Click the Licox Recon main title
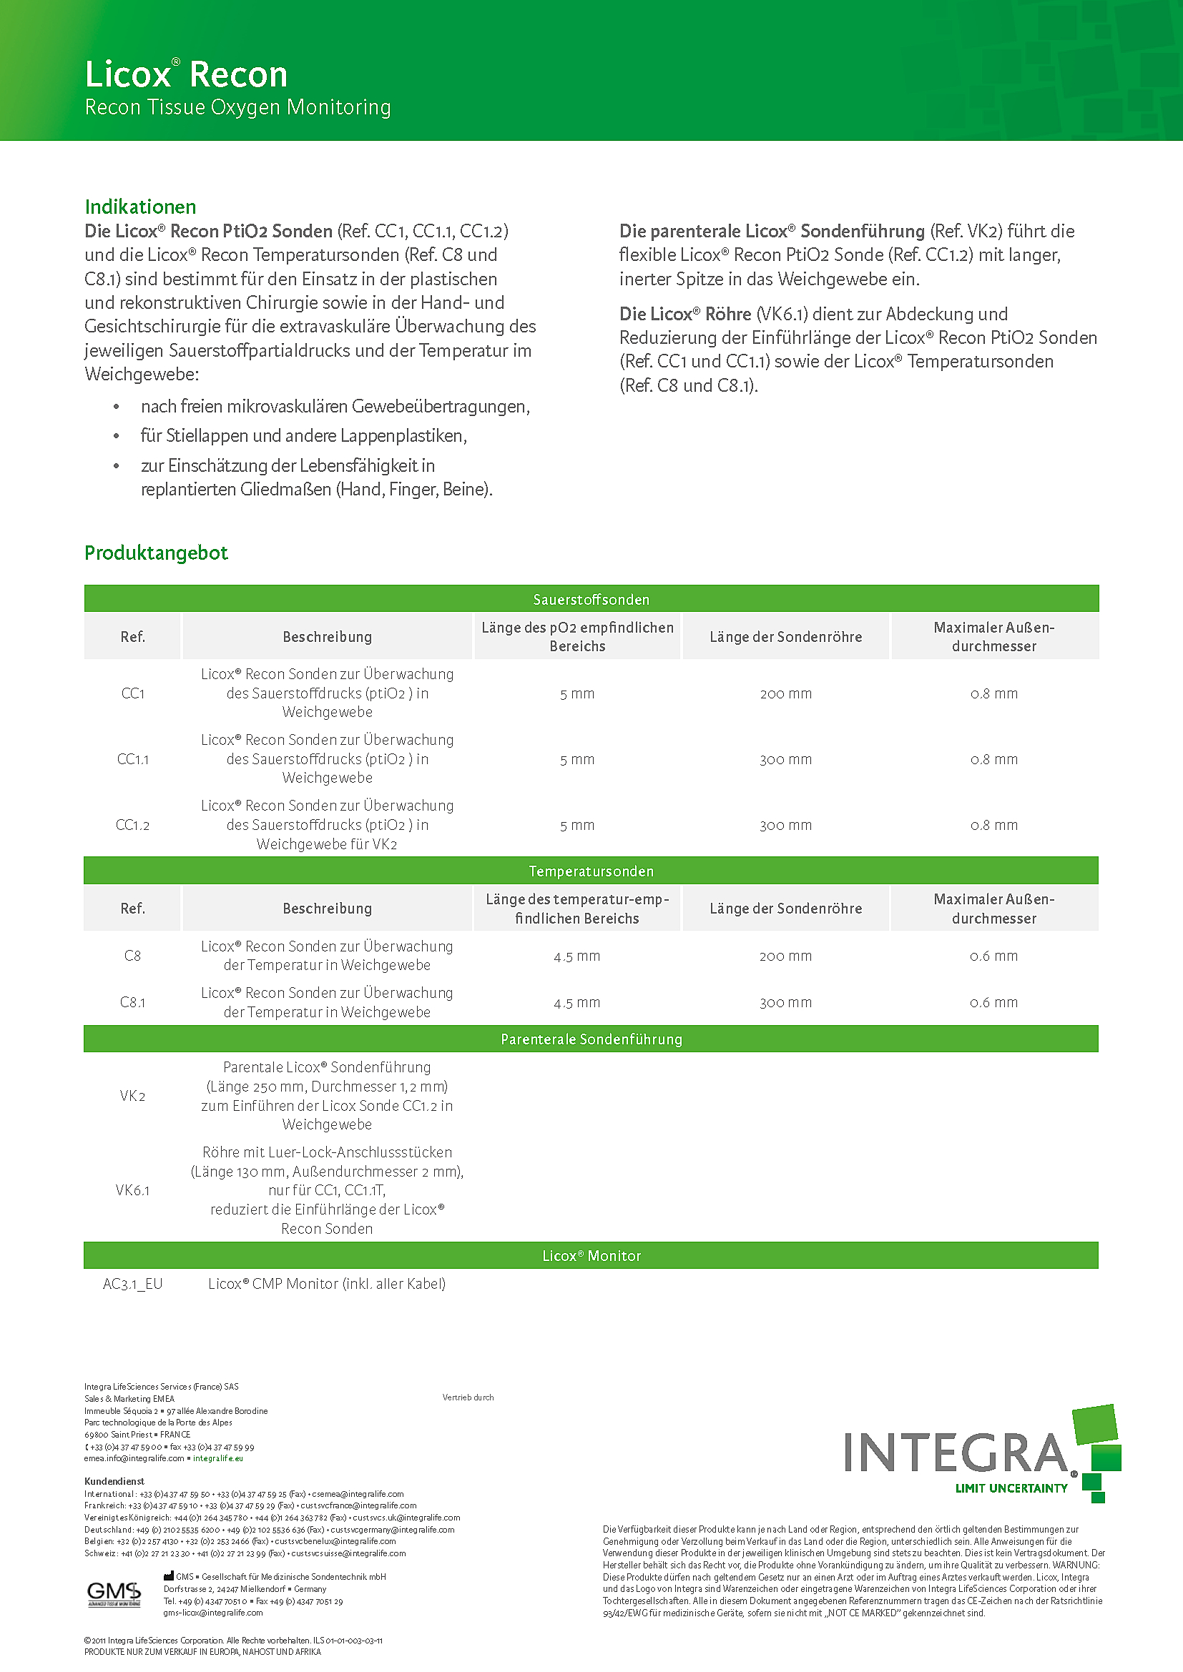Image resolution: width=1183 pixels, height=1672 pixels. point(187,74)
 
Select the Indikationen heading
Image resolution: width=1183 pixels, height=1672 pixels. point(141,207)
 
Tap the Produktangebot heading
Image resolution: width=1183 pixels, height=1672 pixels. point(156,553)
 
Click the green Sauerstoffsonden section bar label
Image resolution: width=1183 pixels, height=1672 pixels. point(591,599)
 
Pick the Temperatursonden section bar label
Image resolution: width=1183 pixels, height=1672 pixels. point(591,871)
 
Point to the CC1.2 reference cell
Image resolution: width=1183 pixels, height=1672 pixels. point(132,825)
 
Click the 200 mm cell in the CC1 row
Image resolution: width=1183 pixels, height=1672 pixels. point(785,694)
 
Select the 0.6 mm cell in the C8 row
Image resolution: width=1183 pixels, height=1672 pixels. point(993,956)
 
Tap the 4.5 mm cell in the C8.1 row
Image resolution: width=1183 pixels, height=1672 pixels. point(577,1003)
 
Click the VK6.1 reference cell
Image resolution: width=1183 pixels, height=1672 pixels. point(132,1190)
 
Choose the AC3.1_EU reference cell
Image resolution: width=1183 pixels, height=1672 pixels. point(132,1284)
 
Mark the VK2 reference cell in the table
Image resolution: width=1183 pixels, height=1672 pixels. point(132,1096)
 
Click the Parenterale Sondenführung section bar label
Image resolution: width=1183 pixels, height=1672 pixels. point(591,1039)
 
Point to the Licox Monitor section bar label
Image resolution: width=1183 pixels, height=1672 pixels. point(591,1255)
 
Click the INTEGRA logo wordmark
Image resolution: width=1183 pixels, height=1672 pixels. point(956,1453)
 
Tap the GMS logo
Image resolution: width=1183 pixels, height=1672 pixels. point(114,1592)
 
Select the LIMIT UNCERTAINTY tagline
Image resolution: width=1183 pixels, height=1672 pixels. point(1011,1488)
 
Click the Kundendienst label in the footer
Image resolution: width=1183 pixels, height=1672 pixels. point(114,1481)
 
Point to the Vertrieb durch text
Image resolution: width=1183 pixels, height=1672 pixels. point(468,1398)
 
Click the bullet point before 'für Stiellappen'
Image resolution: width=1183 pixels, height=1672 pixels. point(117,436)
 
